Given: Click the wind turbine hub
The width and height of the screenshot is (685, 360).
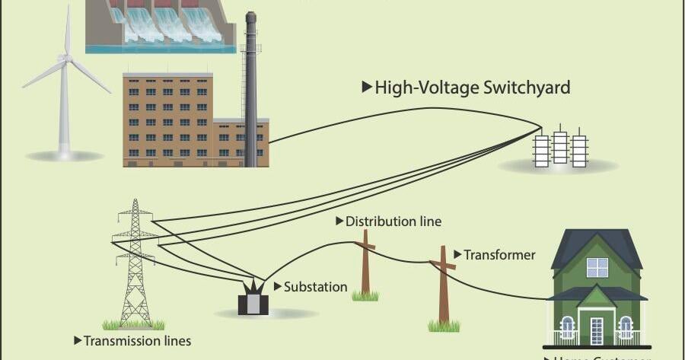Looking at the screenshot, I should (67, 58).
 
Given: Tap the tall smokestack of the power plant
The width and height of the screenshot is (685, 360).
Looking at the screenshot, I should (250, 91).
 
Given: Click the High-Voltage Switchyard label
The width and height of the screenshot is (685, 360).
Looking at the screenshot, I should (466, 88).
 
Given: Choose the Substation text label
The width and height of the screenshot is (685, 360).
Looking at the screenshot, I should (315, 287).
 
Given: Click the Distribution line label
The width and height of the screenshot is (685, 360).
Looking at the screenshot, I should (393, 221).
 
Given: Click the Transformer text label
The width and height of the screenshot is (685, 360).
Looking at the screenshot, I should (499, 255).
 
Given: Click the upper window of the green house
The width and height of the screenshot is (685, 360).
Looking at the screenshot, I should (597, 267).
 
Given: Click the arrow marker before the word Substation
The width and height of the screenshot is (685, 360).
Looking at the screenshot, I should (278, 287).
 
